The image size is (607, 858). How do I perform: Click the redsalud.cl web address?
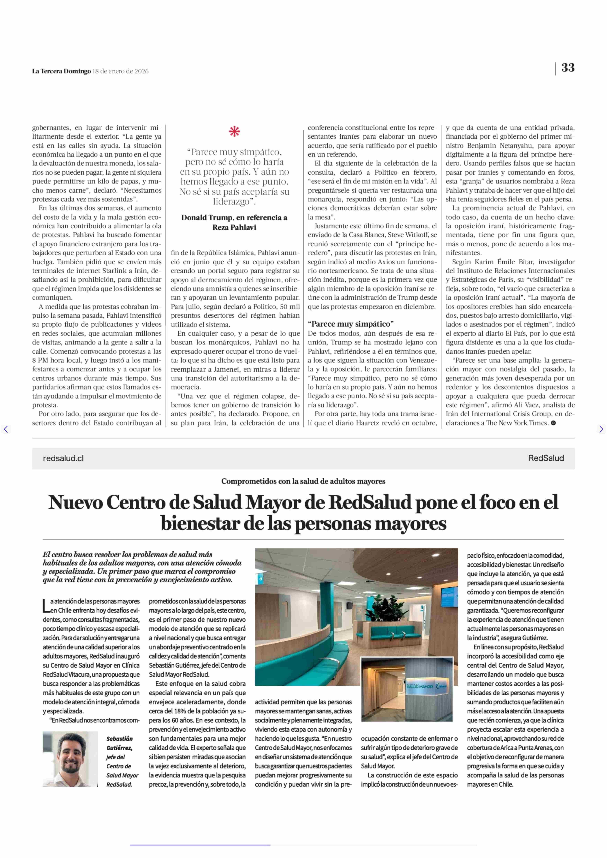pyautogui.click(x=63, y=458)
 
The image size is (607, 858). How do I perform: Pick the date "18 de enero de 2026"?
pyautogui.click(x=120, y=71)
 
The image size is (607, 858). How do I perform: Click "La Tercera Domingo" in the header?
pyautogui.click(x=61, y=71)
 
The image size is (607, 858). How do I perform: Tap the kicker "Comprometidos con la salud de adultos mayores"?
pyautogui.click(x=303, y=481)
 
